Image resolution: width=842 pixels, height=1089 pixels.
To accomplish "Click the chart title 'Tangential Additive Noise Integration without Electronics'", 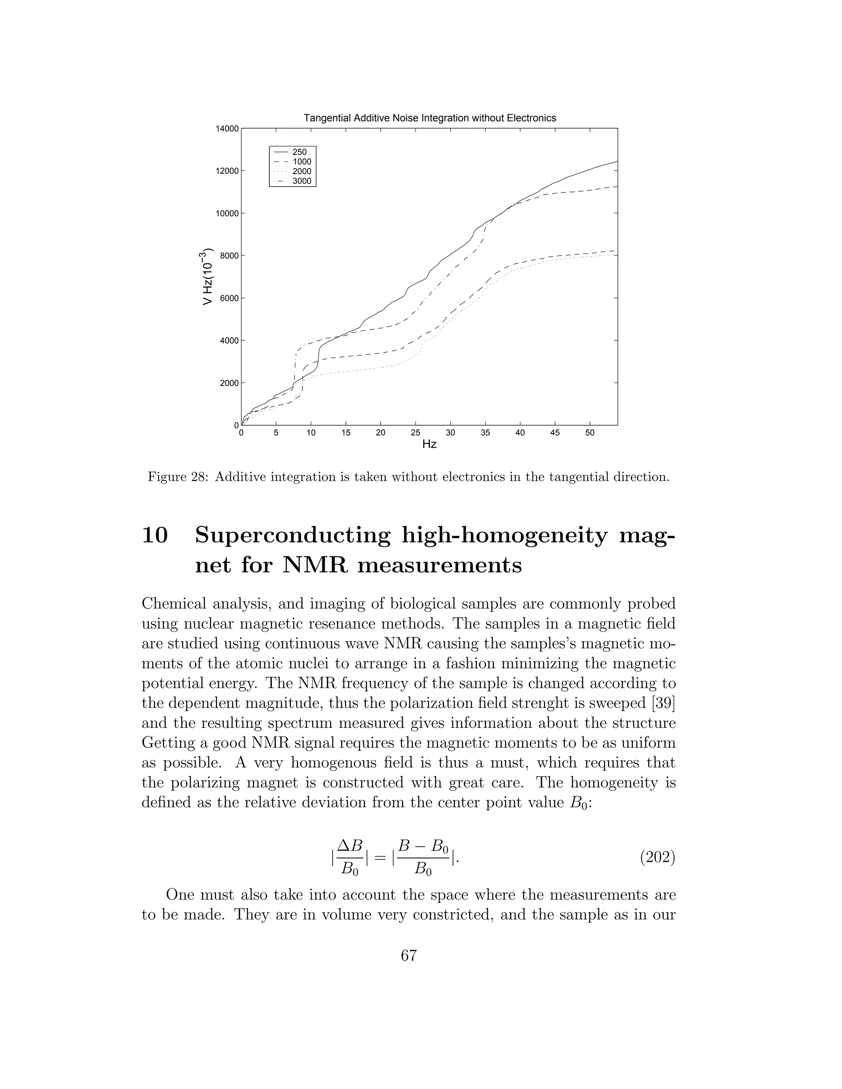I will (430, 118).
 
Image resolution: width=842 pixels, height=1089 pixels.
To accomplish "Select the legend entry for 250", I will (299, 152).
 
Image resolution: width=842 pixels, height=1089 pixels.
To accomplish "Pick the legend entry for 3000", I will (301, 181).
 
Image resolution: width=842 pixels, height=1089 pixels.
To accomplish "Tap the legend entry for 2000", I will (301, 171).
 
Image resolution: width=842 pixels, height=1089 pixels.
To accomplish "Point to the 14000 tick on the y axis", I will (227, 129).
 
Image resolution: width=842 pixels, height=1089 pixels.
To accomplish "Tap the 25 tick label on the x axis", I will (416, 433).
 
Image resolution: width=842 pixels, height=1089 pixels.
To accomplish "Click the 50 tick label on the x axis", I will (590, 433).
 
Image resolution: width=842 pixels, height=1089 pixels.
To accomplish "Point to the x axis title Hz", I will (430, 444).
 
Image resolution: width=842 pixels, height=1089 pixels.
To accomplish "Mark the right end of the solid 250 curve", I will (617, 162).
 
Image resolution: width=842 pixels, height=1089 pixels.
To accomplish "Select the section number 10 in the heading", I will (155, 536).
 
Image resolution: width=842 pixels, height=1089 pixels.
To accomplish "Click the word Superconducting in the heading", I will (293, 536).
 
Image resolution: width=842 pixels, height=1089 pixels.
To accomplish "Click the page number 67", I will (409, 955).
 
